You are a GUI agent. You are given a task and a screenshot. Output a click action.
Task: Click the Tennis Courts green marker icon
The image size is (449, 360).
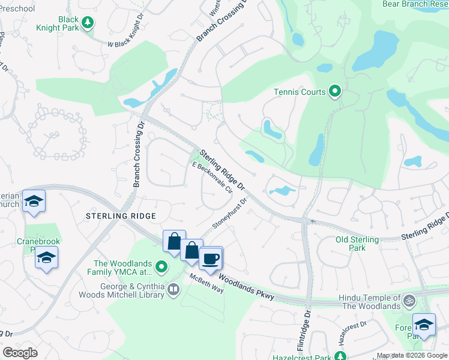[x=335, y=92]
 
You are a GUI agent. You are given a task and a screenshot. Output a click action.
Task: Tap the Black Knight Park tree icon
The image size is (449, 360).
[x=88, y=23]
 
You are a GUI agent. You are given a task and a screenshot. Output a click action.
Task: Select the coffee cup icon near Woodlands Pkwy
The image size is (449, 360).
[x=210, y=259]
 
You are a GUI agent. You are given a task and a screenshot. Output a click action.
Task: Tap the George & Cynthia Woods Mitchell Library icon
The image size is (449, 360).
[x=173, y=290]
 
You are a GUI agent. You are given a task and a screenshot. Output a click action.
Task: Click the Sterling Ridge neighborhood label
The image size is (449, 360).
[x=121, y=216]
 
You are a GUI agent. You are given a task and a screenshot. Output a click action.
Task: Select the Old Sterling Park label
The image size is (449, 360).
[x=358, y=244]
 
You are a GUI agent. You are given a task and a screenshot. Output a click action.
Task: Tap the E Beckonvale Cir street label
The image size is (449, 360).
[x=212, y=178]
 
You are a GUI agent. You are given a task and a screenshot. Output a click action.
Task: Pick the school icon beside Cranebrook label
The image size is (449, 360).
[x=45, y=259]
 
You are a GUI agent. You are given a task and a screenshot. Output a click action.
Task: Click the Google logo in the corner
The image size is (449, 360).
[x=20, y=352]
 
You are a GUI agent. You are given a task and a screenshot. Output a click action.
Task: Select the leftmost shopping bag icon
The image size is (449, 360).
[x=174, y=242]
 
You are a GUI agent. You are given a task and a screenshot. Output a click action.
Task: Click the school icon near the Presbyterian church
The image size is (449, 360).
[x=34, y=202]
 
